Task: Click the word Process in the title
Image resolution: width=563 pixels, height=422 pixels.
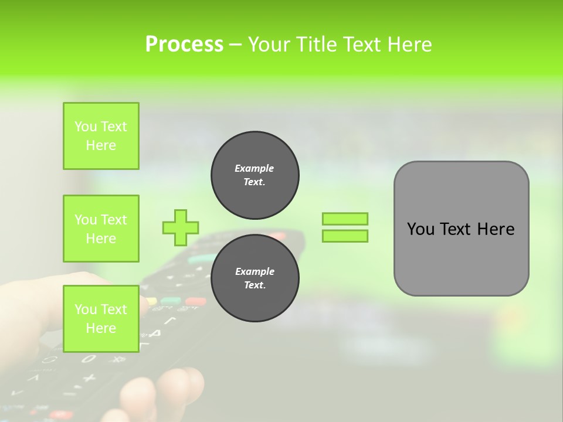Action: pos(184,45)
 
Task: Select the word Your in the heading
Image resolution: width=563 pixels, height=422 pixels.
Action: pos(270,45)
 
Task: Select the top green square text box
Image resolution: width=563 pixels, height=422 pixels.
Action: pos(101,136)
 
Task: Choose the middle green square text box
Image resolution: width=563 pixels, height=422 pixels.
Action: pos(101,229)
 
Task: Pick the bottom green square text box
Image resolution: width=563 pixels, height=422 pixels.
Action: pos(101,318)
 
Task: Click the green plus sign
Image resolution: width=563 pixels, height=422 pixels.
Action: pos(181,227)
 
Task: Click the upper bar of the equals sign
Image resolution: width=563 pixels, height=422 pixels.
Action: pos(345,219)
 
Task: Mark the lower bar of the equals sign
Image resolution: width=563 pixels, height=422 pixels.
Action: pos(345,236)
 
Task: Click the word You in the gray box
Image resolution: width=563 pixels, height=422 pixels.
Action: pos(420,229)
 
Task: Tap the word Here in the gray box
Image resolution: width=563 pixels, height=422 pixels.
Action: pos(496,229)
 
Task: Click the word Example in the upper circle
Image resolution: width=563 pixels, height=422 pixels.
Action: pos(255,168)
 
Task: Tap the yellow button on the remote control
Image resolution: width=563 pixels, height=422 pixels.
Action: pos(151,301)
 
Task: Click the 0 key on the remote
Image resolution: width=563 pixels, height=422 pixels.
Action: pos(88,358)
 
